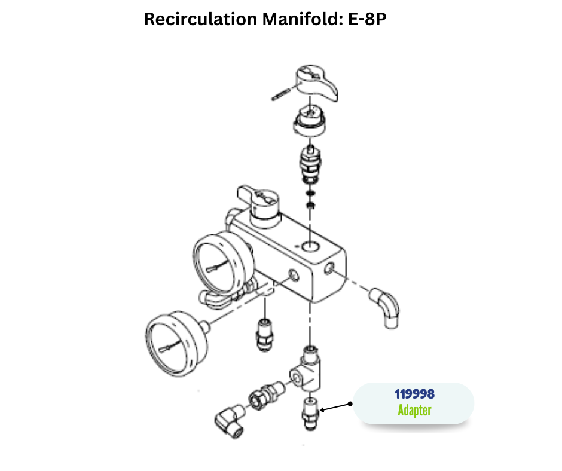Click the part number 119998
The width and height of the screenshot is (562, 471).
click(414, 394)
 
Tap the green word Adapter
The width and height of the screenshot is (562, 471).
click(414, 411)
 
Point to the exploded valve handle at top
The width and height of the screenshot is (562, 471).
click(317, 83)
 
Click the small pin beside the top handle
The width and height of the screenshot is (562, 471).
click(282, 94)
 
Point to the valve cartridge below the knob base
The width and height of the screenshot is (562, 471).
click(311, 164)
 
